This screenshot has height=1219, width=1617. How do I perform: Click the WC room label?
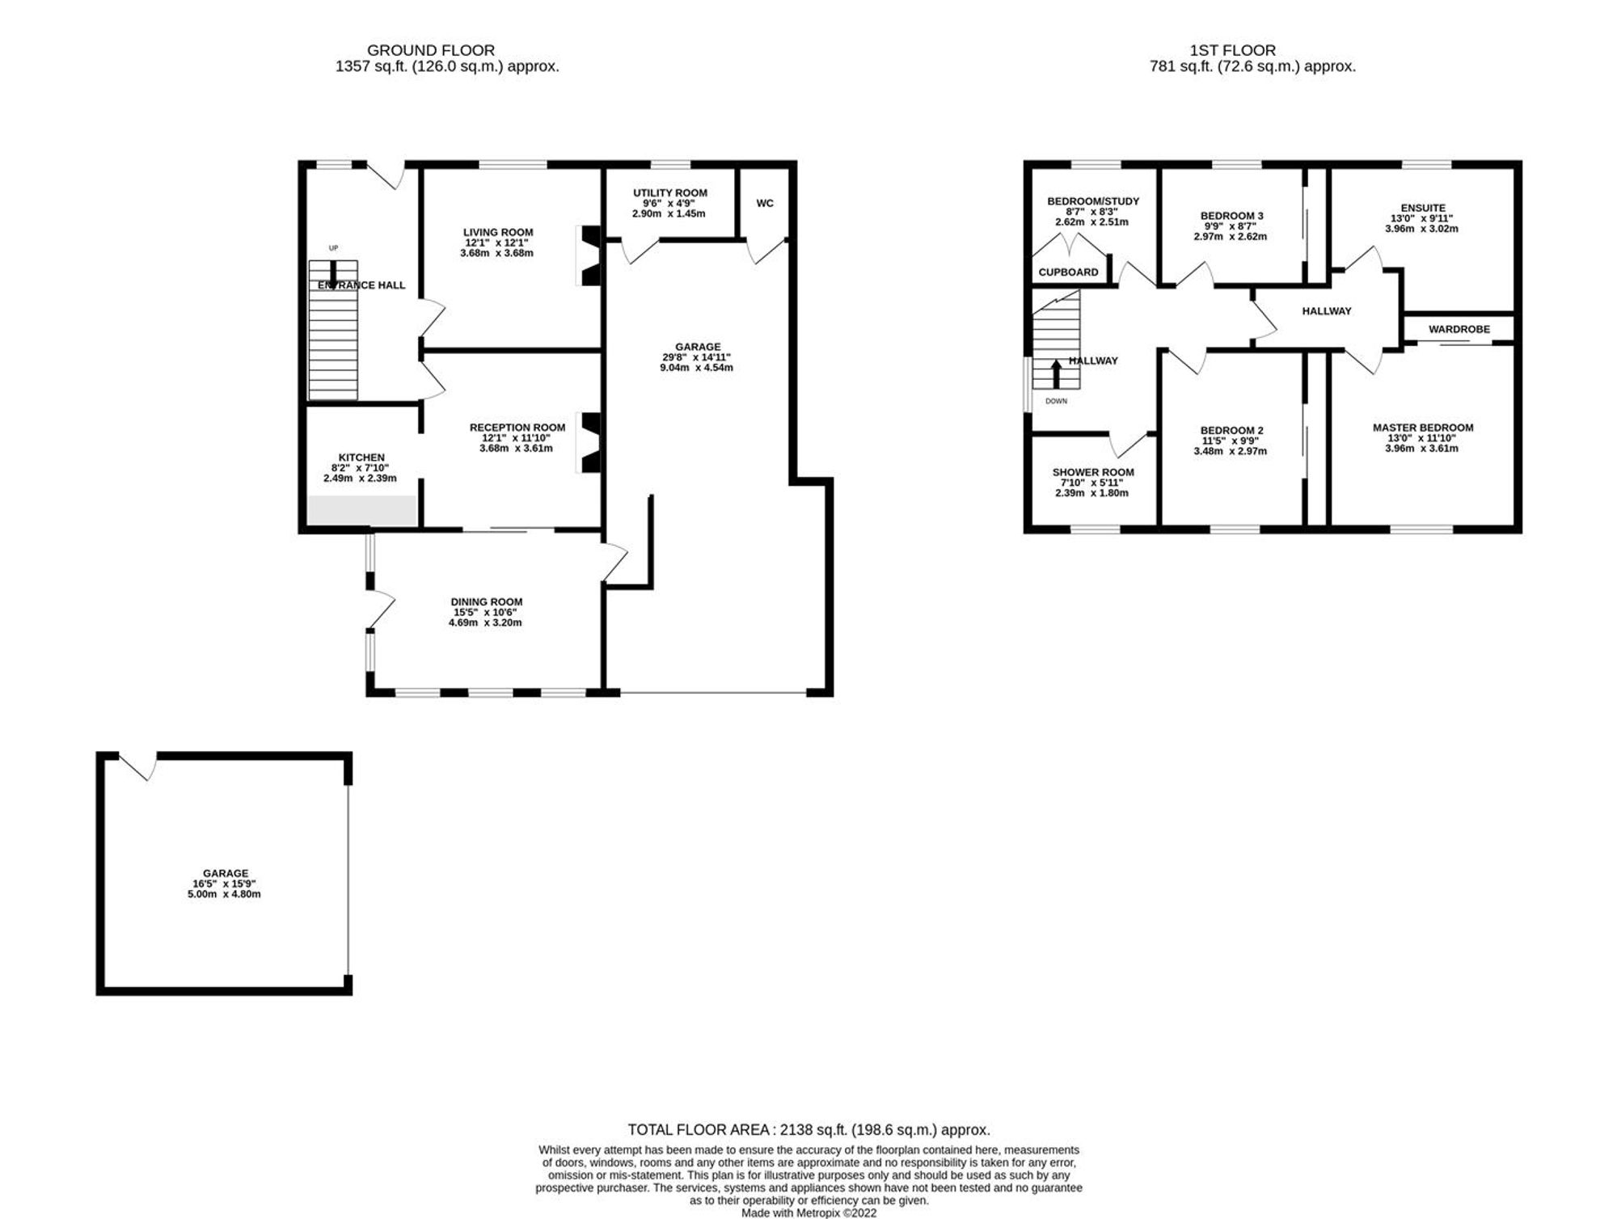coord(765,203)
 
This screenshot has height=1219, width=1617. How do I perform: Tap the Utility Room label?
coord(669,192)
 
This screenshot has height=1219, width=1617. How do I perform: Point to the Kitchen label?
coord(361,458)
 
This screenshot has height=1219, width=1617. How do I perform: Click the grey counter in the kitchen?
coord(362,510)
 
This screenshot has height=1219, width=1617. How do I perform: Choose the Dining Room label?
coord(487,601)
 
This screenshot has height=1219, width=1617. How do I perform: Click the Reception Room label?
coord(517,428)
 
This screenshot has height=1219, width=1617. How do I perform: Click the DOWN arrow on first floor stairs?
coord(1056,375)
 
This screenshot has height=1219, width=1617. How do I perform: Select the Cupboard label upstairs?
coord(1068,272)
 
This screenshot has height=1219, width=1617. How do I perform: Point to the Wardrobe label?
coord(1459,329)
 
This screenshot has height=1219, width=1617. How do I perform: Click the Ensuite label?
coord(1423,208)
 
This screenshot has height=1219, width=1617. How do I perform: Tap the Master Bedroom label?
coord(1423,428)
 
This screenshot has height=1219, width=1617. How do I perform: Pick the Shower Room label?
coord(1093,472)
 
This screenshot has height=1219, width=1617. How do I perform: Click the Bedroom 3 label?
coord(1231,216)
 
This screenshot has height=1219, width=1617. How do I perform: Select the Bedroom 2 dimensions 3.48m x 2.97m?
coord(1230,451)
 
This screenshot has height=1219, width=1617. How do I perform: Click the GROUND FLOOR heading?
coord(431,50)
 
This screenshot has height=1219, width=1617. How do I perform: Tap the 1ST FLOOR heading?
coord(1233,50)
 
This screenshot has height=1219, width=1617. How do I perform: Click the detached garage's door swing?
coord(138,765)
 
